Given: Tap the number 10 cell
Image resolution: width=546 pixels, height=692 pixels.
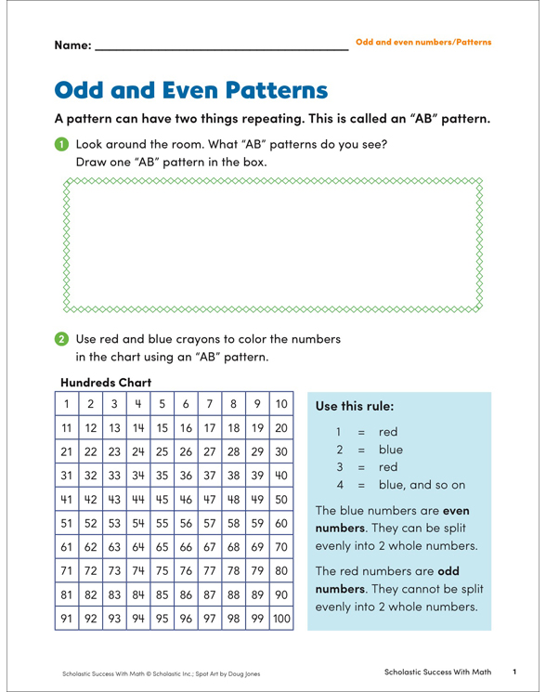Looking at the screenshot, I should pyautogui.click(x=281, y=405).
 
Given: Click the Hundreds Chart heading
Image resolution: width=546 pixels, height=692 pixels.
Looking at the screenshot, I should pyautogui.click(x=107, y=381).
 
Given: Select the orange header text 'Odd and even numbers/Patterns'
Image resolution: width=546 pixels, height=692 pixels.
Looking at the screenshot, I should pyautogui.click(x=423, y=44).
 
